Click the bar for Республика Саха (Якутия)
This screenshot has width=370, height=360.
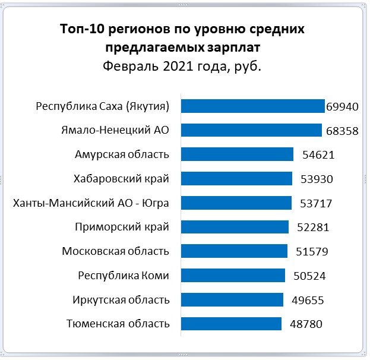tap(252, 106)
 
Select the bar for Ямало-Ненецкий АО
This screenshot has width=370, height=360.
tap(251, 130)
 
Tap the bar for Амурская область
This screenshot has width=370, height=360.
tap(237, 154)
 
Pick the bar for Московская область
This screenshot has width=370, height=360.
tap(234, 251)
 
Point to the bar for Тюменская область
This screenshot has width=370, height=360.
tap(231, 324)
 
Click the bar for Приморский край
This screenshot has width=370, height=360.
tap(235, 227)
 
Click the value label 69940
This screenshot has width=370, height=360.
tap(343, 107)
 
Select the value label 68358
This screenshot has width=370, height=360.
tap(341, 131)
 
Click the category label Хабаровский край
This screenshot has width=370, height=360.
tap(122, 178)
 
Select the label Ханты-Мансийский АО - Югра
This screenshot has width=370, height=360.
tap(91, 203)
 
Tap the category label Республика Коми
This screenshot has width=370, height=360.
tap(124, 275)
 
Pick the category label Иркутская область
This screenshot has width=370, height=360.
tap(122, 299)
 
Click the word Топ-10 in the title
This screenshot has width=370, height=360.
tap(82, 29)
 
